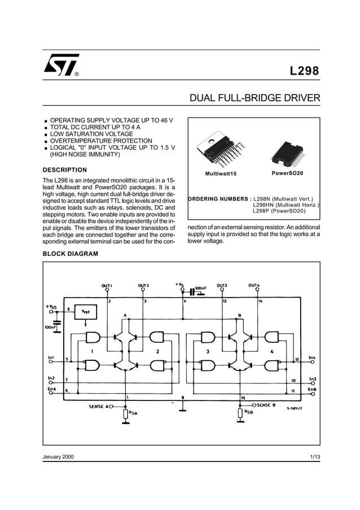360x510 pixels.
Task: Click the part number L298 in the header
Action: (304, 72)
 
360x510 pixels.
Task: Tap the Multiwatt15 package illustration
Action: (219, 151)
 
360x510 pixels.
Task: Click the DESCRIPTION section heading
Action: (65, 170)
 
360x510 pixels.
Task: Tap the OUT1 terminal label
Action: (107, 285)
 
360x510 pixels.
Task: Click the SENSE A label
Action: (100, 406)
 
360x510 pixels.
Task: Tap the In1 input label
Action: (51, 358)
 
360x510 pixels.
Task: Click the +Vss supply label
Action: (52, 306)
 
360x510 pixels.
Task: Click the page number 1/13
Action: (315, 456)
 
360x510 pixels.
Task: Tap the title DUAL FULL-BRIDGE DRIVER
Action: (254, 98)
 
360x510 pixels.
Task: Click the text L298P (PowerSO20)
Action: (279, 211)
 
